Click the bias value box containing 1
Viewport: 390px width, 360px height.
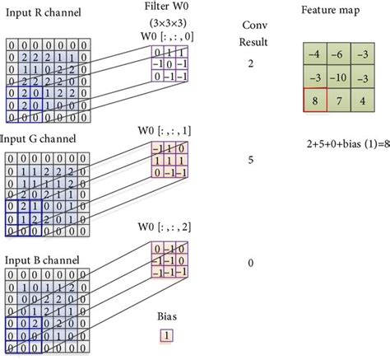point(166,335)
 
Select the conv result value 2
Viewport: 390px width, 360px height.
point(250,63)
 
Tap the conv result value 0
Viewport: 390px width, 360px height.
point(250,264)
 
